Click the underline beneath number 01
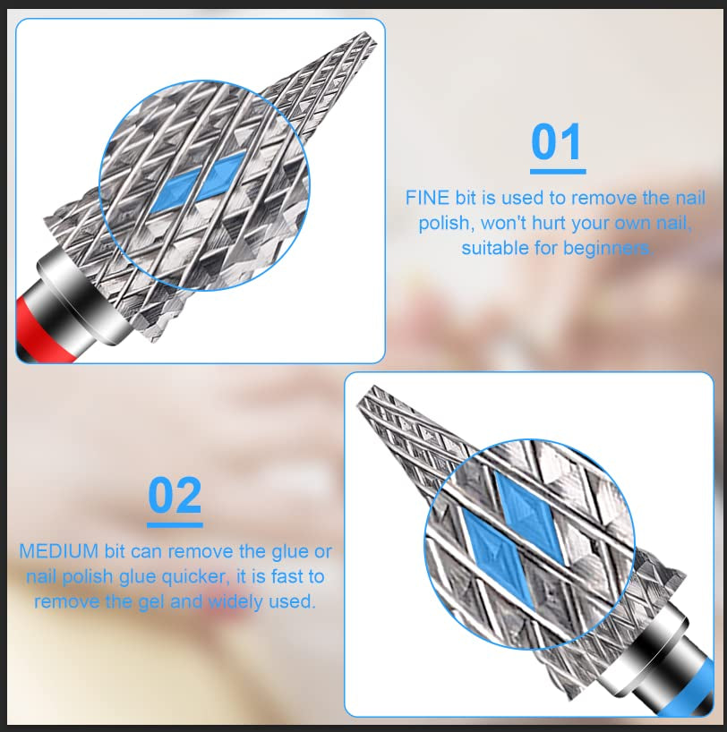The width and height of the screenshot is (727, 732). pos(557,171)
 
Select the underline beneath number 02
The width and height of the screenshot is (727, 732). pos(175,524)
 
